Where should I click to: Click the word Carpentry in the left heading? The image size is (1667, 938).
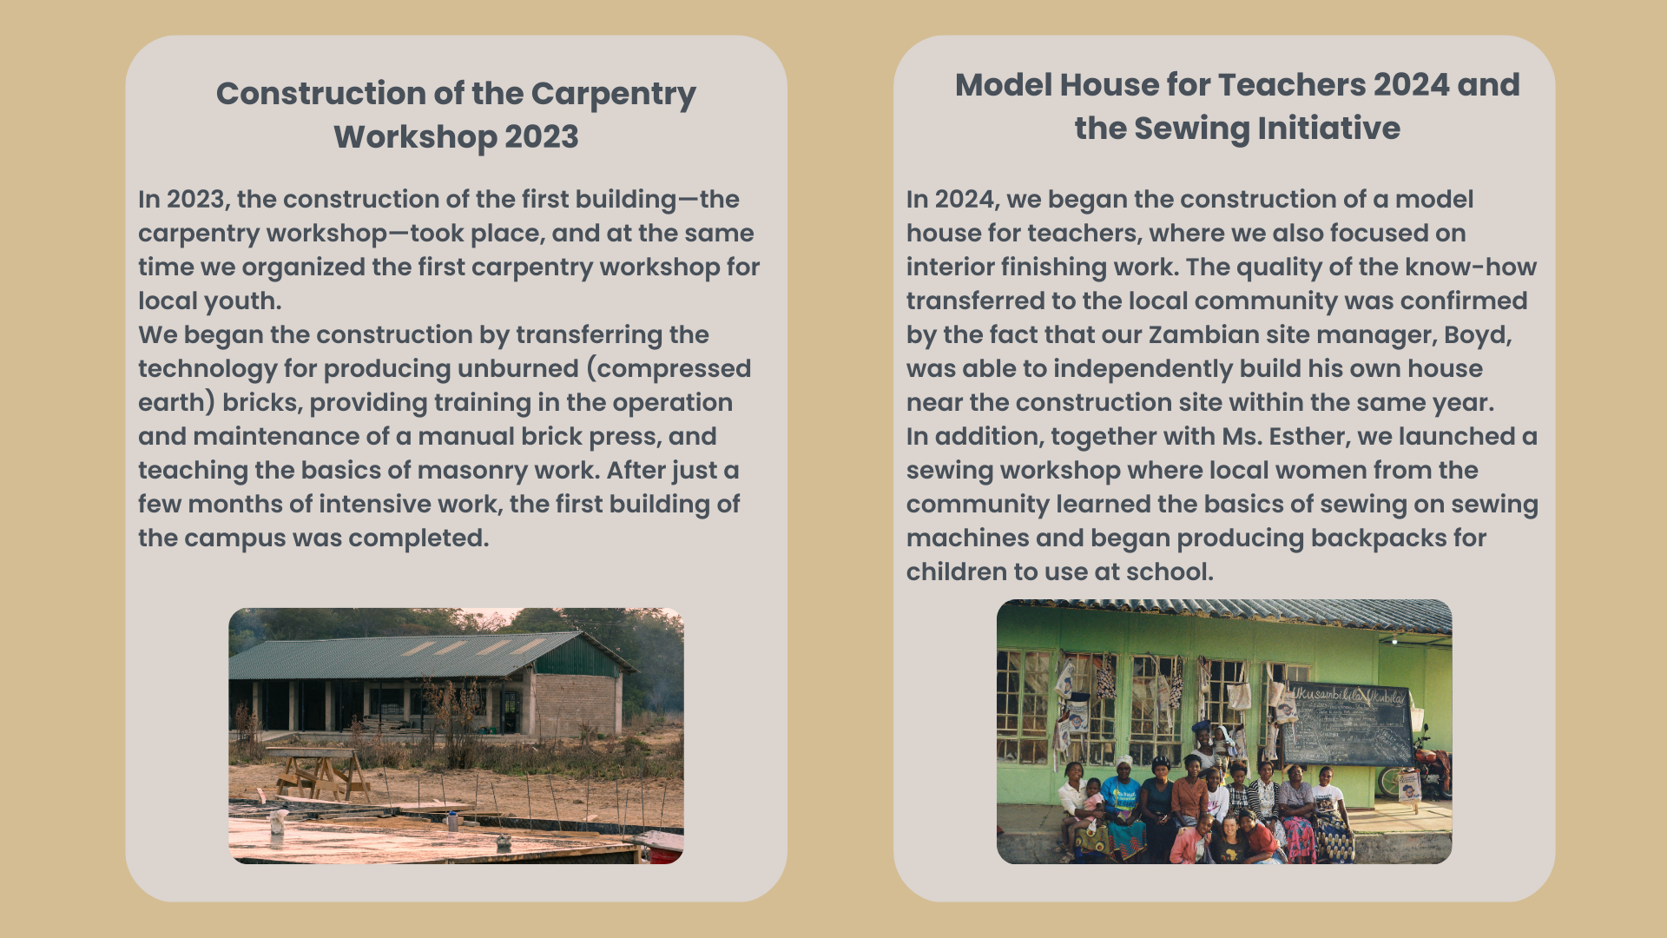coord(613,95)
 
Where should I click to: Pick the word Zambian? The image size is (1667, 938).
coord(1202,335)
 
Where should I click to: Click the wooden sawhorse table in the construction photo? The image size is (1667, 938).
coord(319,772)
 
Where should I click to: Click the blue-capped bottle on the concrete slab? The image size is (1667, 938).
coord(451,820)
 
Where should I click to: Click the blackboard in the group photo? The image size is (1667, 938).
coord(1348,726)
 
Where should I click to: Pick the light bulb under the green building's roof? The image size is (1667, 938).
coord(1394,641)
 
